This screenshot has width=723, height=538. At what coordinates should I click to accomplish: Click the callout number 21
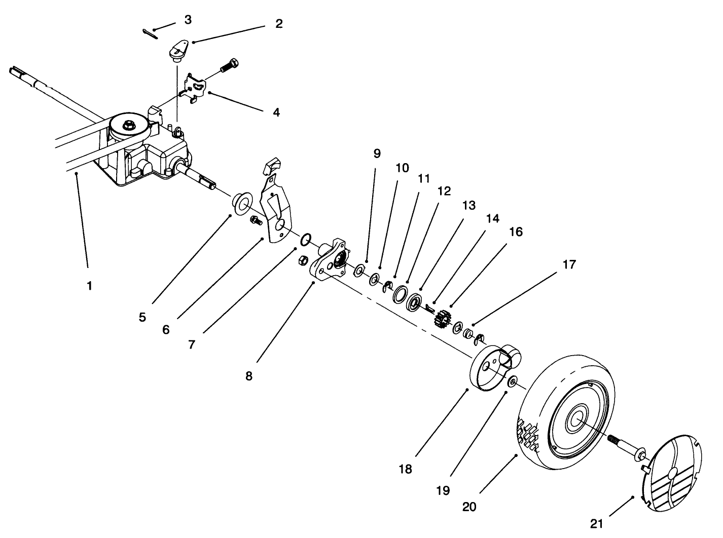click(600, 522)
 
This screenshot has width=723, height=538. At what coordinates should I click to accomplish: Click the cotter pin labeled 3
click(151, 33)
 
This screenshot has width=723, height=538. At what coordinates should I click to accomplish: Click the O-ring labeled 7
click(306, 239)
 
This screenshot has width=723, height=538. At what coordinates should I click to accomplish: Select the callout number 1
click(89, 286)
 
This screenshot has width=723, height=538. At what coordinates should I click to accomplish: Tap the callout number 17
click(569, 264)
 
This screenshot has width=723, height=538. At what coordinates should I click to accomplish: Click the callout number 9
click(376, 153)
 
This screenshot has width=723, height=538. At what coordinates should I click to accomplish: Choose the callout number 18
click(405, 469)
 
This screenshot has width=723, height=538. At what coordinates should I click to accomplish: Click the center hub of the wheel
click(577, 419)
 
